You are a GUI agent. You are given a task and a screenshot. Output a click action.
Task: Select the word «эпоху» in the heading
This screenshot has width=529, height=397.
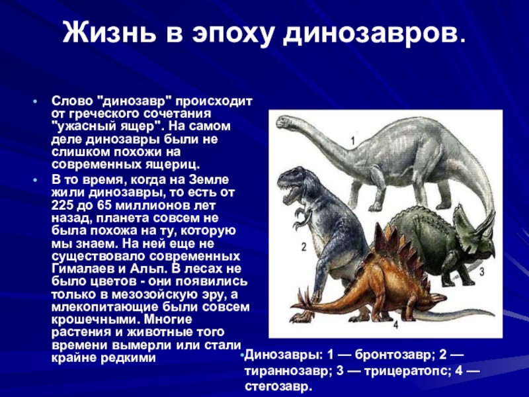(233, 34)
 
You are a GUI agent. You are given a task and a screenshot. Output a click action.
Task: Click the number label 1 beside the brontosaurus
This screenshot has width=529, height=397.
(353, 140)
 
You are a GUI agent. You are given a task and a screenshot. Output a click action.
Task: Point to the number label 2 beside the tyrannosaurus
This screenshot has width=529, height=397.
(304, 247)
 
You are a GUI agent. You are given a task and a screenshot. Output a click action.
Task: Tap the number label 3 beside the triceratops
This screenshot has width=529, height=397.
(482, 271)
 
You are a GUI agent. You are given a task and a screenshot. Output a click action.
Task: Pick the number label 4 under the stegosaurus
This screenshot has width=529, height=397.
(395, 325)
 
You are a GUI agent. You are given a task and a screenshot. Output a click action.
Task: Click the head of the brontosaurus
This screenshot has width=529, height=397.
(285, 122)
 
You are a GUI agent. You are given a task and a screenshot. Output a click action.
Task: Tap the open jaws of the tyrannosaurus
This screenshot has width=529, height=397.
(290, 195)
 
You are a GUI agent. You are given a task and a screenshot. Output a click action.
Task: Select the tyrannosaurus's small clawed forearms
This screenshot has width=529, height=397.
(302, 218)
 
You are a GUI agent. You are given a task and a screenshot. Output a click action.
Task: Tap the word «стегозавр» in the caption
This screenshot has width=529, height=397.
(276, 386)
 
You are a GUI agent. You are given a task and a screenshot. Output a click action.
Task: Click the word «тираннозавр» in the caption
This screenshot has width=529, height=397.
(287, 371)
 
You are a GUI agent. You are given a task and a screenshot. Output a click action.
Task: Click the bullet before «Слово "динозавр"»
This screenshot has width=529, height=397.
(35, 101)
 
